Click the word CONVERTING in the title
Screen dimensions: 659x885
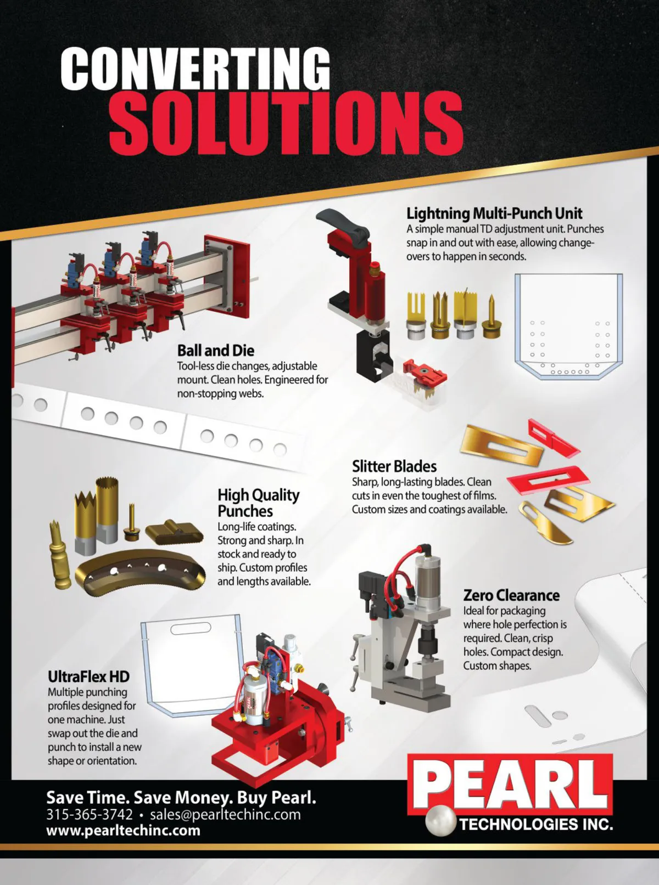coord(196,71)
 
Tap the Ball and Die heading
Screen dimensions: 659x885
coord(216,351)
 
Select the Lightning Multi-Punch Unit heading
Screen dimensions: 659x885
coord(494,214)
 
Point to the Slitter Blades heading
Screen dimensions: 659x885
coord(394,466)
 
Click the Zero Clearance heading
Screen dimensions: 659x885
coord(511,595)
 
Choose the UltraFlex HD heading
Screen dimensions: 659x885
coord(88,677)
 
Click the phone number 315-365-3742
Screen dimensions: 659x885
coord(90,814)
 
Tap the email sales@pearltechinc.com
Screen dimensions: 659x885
coord(225,814)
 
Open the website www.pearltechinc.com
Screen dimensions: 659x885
coord(123,831)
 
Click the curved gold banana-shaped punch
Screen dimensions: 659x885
coord(140,573)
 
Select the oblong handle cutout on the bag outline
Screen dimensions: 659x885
coord(191,628)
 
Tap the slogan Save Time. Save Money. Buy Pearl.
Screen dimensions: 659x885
coord(181,797)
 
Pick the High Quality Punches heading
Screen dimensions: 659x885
coord(259,503)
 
